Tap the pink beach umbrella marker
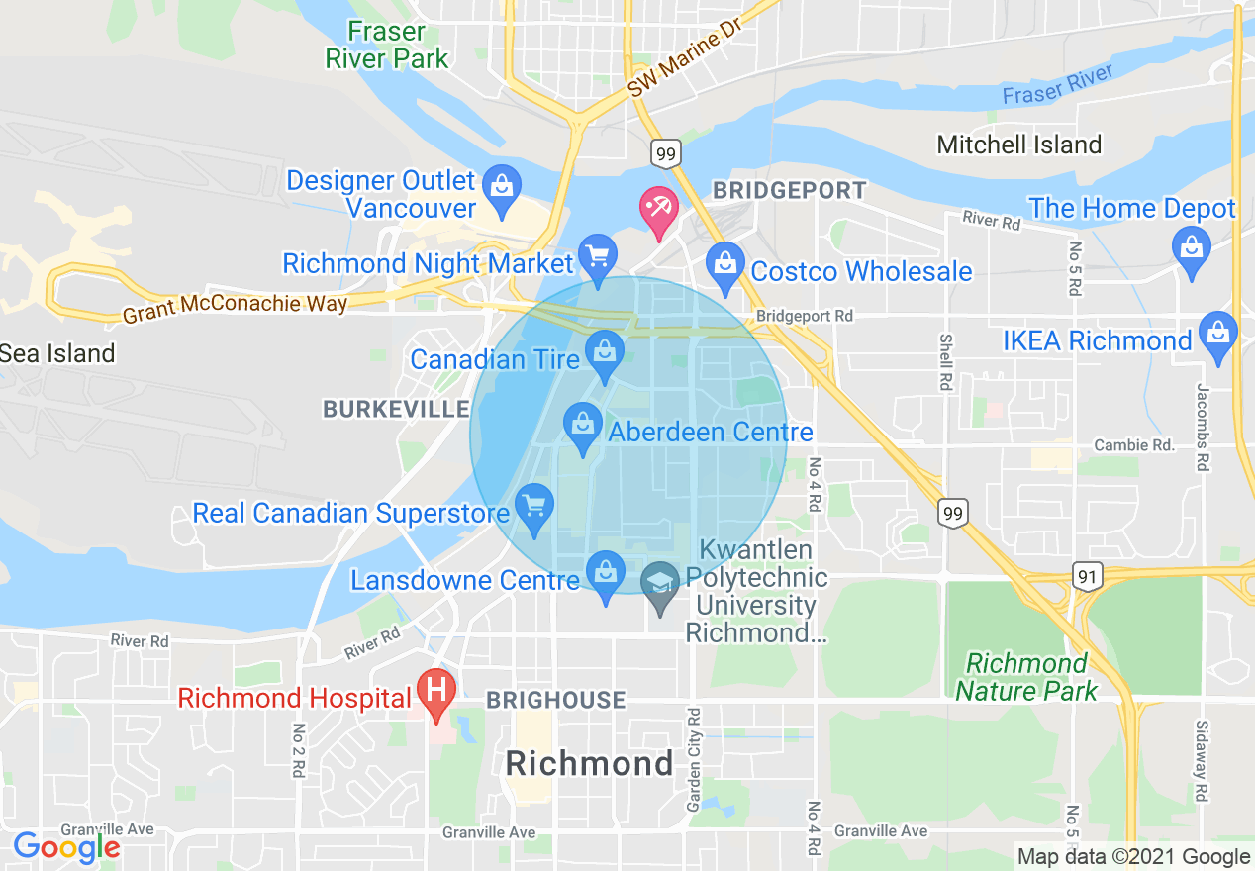click(x=658, y=210)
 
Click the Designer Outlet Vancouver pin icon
click(x=502, y=187)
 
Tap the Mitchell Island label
click(x=1018, y=145)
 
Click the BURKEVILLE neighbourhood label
click(x=396, y=409)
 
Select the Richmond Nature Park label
click(x=1026, y=676)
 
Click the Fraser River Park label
click(x=387, y=45)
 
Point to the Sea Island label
click(x=57, y=353)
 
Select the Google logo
click(x=65, y=847)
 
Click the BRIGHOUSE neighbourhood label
click(x=555, y=700)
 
